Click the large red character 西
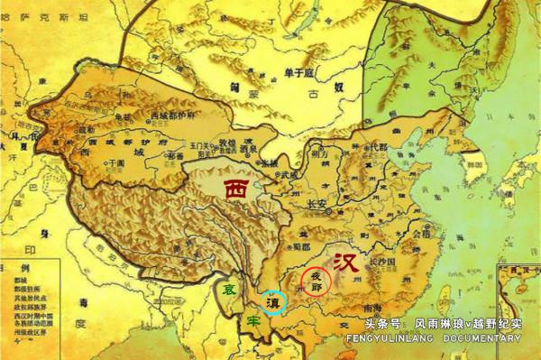pos(235,190)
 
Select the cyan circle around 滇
pos(273,303)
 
